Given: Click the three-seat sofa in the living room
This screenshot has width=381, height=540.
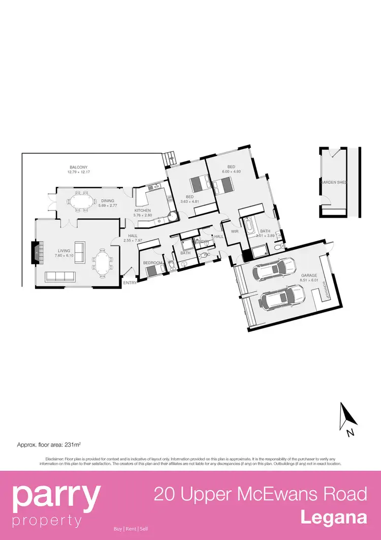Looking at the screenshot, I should [x=60, y=276].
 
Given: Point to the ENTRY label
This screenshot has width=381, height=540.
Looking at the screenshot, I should [x=130, y=283].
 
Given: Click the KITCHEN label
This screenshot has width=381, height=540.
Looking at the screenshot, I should [x=143, y=210].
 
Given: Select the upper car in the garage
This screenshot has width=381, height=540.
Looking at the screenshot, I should [x=275, y=268].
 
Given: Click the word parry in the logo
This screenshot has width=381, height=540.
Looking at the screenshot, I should [x=56, y=497].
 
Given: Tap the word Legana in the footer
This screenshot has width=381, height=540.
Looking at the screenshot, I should [x=333, y=518].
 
